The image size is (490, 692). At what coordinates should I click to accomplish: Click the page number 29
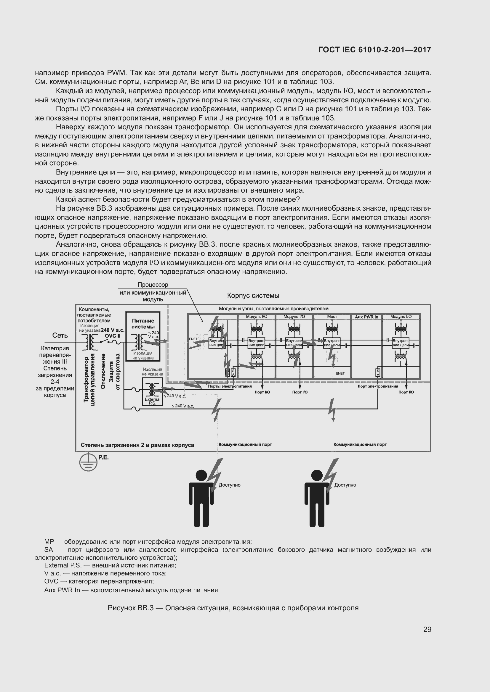427,630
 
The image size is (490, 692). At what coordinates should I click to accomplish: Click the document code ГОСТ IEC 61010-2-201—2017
375,50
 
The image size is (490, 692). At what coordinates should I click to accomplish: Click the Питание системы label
143,324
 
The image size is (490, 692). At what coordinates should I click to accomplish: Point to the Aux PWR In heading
366,317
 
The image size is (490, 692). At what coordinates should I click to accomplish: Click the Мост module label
332,317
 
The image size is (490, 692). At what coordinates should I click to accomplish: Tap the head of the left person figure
201,476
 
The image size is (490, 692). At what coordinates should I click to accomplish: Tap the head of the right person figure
317,476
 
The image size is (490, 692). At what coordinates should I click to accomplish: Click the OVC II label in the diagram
113,336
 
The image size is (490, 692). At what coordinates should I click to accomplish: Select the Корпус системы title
253,296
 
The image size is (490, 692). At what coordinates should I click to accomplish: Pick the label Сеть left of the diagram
60,335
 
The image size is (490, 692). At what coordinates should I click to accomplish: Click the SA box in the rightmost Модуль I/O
377,373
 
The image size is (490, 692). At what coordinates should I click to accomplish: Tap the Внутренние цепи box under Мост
332,343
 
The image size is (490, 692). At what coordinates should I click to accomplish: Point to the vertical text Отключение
103,371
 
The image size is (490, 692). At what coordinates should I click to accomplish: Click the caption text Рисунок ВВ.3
131,608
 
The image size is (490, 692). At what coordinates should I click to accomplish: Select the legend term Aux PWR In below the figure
62,590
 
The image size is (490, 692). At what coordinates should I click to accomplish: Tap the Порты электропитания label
230,386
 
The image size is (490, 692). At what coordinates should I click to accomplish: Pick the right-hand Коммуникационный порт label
360,444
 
